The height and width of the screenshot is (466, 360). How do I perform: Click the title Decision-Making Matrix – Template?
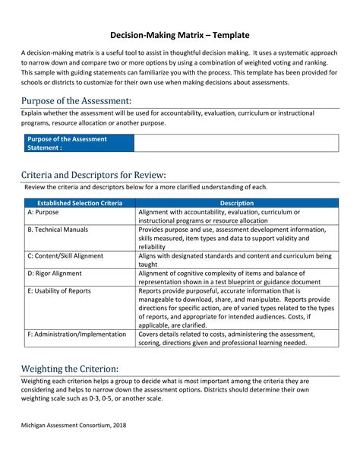click(180, 35)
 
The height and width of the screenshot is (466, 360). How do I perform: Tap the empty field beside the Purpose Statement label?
click(236, 144)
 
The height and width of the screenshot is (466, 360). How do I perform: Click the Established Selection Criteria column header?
click(79, 203)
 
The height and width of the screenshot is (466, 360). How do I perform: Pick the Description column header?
click(237, 203)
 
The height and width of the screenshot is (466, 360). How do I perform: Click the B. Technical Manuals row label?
click(58, 229)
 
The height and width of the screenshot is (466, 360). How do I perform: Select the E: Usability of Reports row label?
click(60, 290)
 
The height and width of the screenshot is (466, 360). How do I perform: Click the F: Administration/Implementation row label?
click(77, 333)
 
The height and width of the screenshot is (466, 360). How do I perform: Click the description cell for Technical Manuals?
click(237, 238)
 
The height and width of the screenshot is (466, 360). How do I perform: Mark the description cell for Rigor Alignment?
click(237, 277)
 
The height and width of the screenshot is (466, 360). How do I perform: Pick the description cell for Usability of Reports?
click(237, 308)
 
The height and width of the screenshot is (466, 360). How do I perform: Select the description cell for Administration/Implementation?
click(237, 338)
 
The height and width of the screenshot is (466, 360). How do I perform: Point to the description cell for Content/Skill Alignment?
click(237, 260)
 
